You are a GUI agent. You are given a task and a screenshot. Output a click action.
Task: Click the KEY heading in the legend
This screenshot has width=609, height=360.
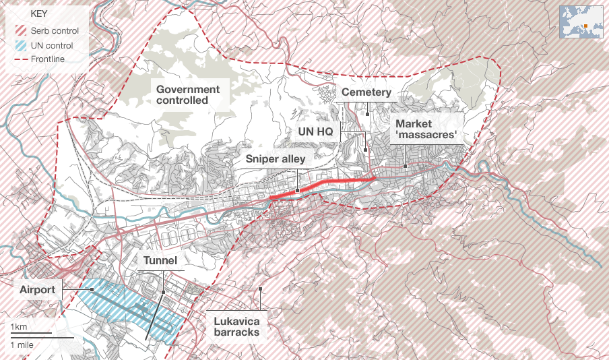click(30, 13)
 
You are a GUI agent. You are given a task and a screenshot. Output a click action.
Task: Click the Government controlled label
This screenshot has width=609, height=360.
click(188, 94)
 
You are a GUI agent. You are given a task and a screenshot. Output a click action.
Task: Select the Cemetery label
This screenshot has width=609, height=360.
click(366, 92)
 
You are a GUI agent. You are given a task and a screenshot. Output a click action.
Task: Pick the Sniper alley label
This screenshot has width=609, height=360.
click(276, 159)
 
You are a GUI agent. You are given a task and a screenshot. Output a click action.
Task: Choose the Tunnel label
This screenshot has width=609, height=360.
click(160, 260)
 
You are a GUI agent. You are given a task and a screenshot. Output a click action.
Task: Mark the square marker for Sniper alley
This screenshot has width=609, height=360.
click(297, 191)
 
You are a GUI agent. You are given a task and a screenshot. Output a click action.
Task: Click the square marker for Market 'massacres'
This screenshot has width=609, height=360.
click(405, 166)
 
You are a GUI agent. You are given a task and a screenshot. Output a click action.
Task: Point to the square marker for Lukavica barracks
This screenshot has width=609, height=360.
click(260, 289)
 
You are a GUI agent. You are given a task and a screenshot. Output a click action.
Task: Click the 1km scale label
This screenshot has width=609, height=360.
click(19, 328)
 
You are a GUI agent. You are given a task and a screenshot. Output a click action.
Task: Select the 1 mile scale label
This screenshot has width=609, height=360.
click(22, 344)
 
